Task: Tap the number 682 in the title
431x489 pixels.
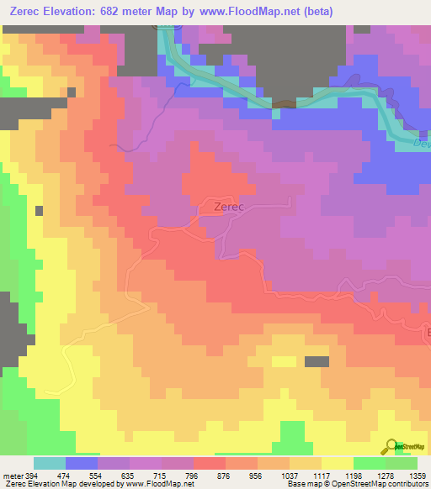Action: point(125,12)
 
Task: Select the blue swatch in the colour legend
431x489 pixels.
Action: point(82,463)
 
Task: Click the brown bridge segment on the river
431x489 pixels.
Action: point(285,104)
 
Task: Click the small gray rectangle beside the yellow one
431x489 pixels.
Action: point(317,361)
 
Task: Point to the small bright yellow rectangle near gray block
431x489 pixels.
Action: point(284,361)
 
